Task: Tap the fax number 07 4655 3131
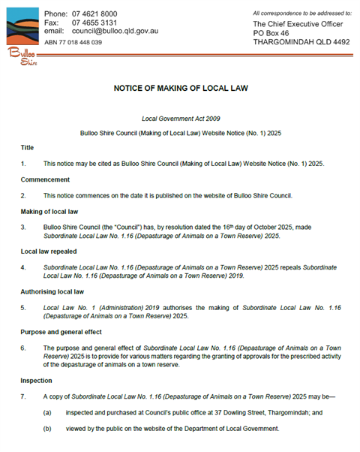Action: pyautogui.click(x=94, y=23)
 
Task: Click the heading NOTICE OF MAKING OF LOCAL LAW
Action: pyautogui.click(x=180, y=89)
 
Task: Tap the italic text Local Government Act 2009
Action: pyautogui.click(x=180, y=119)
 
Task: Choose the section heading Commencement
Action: pyautogui.click(x=46, y=179)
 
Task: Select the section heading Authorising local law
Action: pyautogui.click(x=54, y=290)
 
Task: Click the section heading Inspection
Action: pyautogui.click(x=38, y=380)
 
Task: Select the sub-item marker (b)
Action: pyautogui.click(x=48, y=429)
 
